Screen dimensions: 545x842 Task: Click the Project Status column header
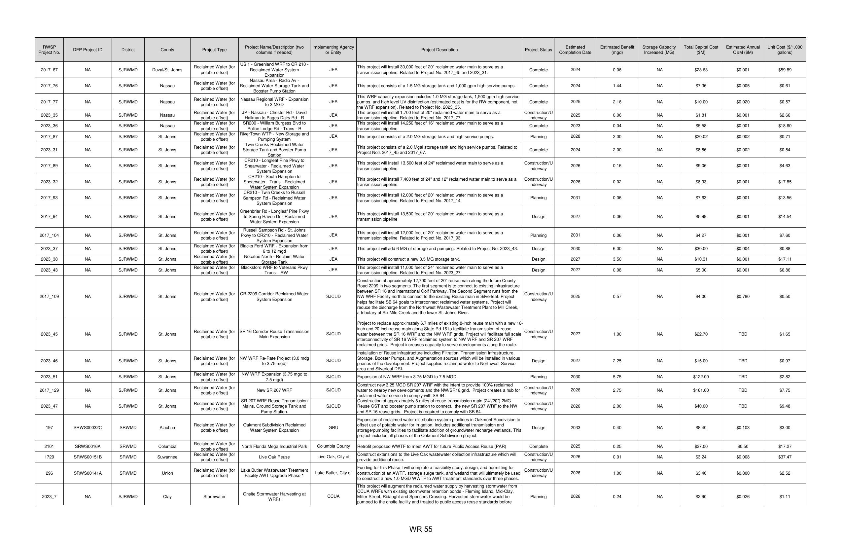click(x=538, y=50)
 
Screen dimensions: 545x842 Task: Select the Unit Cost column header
click(x=784, y=50)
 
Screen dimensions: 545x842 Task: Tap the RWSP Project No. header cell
click(x=49, y=50)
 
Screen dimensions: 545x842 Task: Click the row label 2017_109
click(x=49, y=297)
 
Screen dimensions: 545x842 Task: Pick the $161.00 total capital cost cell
click(x=700, y=390)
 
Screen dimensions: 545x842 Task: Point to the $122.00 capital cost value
click(x=700, y=377)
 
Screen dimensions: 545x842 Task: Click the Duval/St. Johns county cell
click(x=167, y=70)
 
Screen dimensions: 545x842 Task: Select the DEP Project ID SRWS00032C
click(x=88, y=427)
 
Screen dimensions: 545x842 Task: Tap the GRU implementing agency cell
click(x=333, y=427)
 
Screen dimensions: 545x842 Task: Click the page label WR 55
click(x=421, y=529)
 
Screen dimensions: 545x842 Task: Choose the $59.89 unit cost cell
click(x=784, y=70)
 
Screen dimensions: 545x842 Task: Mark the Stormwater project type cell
click(x=214, y=496)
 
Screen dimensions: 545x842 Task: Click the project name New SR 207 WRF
click(x=274, y=390)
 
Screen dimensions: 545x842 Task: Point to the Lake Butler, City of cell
click(x=333, y=473)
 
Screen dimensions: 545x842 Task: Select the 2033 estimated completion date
click(x=575, y=427)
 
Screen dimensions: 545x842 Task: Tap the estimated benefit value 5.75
click(x=617, y=377)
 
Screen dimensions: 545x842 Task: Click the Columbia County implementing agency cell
click(x=333, y=446)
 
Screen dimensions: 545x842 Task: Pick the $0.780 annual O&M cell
click(x=743, y=297)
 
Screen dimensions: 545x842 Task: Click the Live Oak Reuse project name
click(x=274, y=457)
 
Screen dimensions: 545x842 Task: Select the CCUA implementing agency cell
click(x=333, y=496)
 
